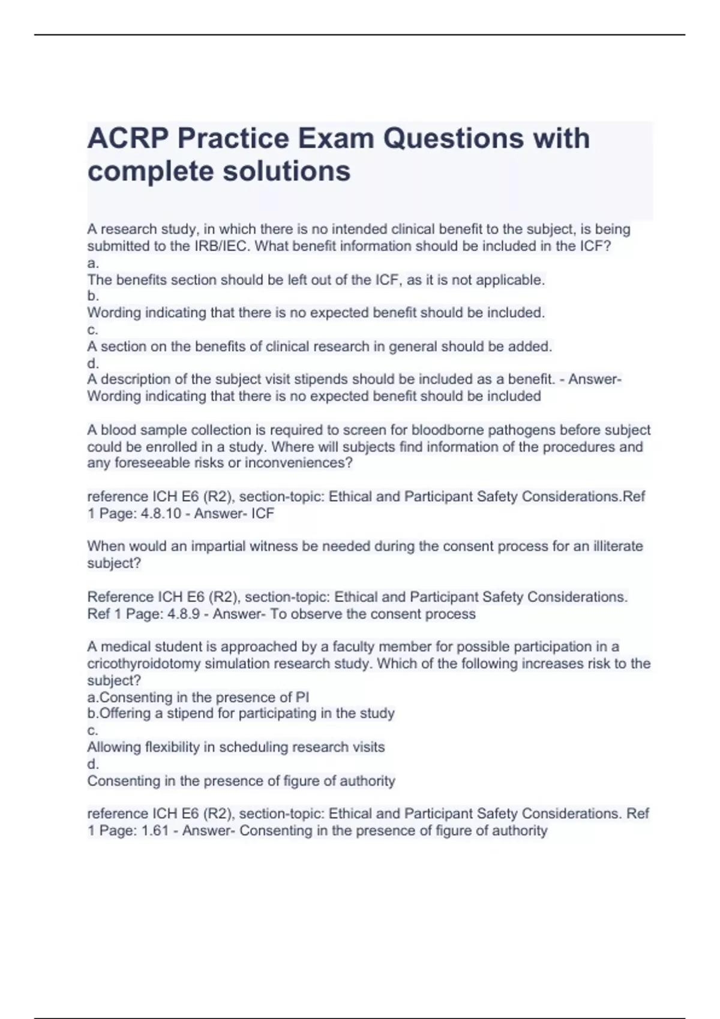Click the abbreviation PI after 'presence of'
(x=302, y=698)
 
